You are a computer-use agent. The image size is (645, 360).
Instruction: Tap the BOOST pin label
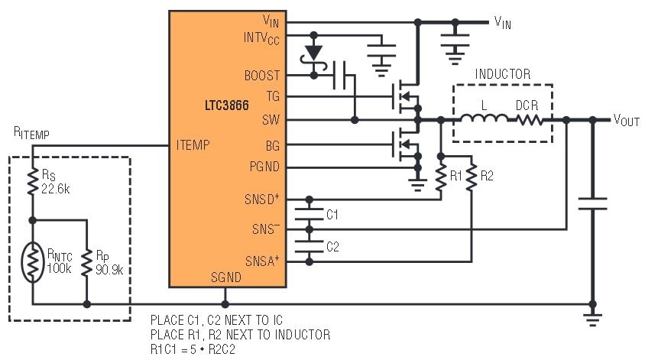pos(261,76)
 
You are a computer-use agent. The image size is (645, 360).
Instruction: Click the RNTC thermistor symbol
pos(33,261)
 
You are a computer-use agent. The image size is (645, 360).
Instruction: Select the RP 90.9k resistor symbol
pos(86,261)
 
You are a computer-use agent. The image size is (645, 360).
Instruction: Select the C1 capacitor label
pos(332,214)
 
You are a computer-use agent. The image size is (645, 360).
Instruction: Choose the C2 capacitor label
pos(332,246)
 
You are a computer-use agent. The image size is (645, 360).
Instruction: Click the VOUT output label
pos(627,120)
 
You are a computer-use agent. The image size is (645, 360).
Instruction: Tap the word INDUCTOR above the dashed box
pos(503,74)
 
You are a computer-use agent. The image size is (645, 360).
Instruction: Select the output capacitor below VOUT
pos(592,203)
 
